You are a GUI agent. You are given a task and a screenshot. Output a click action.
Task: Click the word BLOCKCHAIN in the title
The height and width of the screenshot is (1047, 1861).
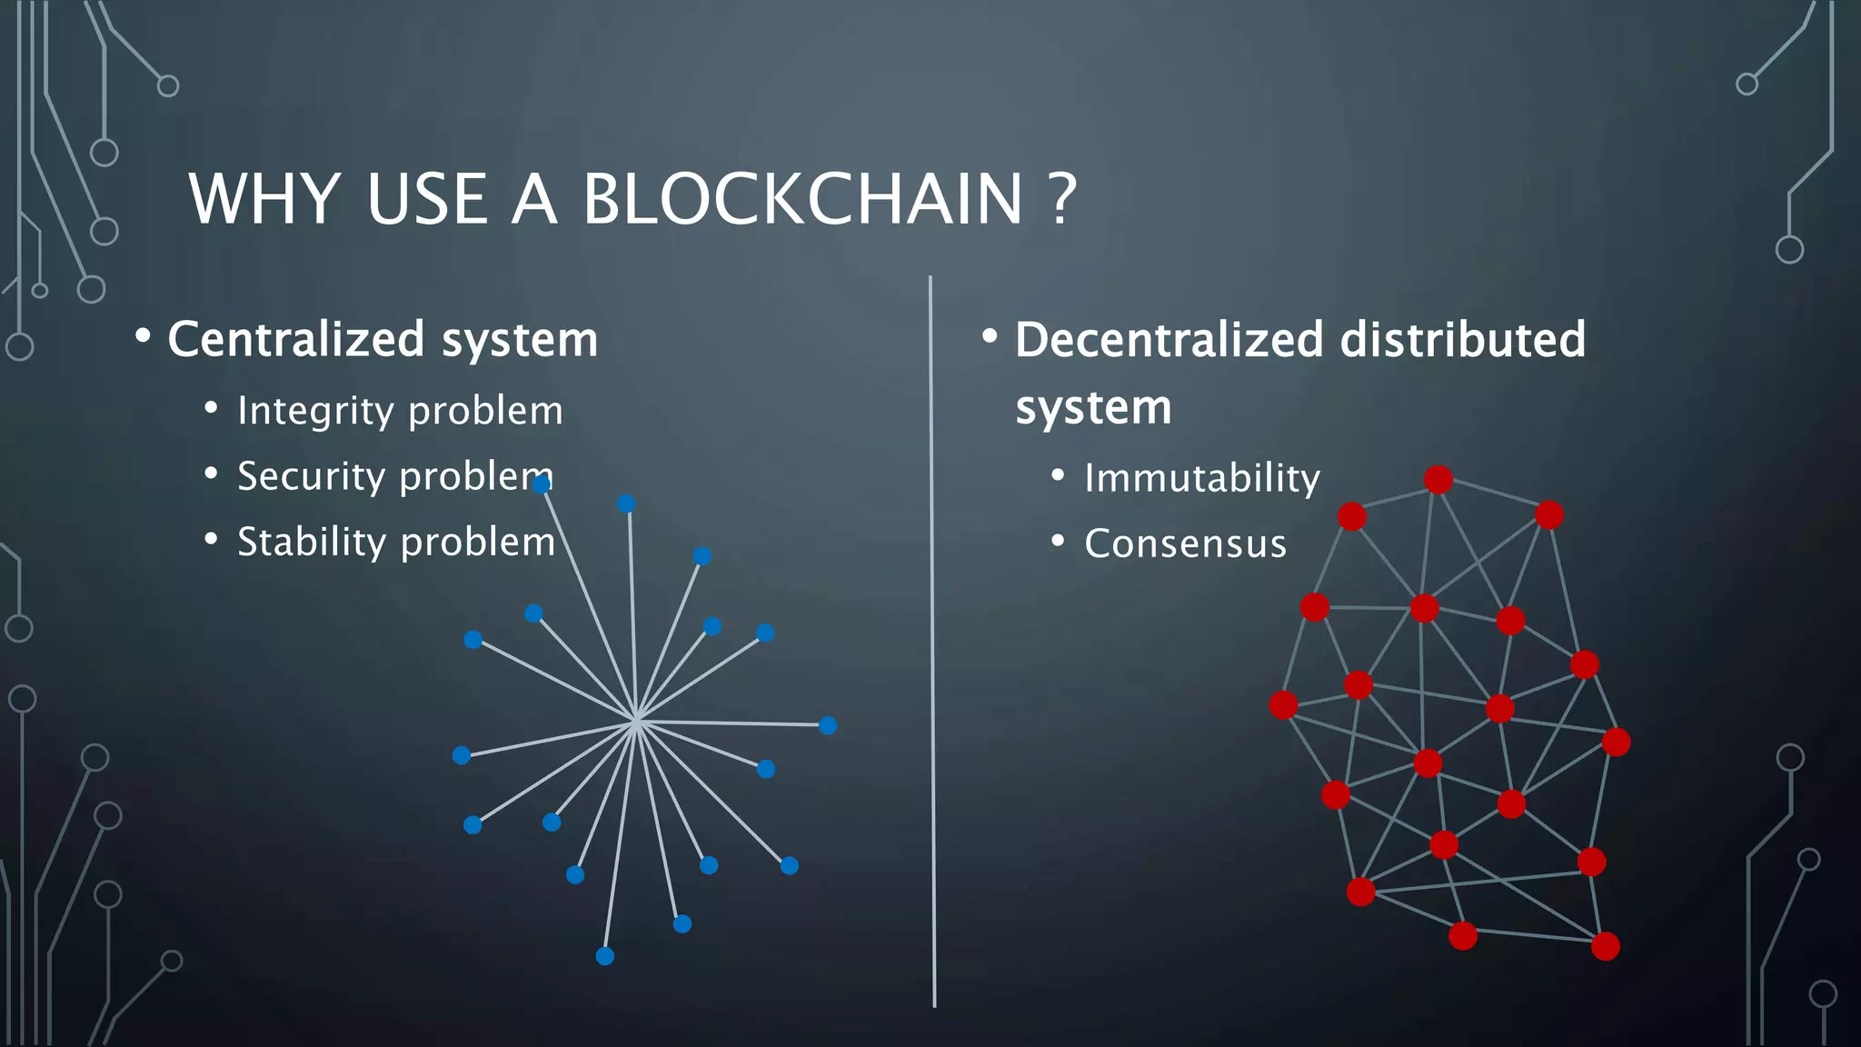802,199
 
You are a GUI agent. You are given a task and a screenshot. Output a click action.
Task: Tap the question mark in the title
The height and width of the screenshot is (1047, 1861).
1062,199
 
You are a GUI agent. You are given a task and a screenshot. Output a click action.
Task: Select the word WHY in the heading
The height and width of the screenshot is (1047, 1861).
264,199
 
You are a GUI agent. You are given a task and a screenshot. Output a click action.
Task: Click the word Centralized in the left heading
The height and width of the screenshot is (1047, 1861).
296,340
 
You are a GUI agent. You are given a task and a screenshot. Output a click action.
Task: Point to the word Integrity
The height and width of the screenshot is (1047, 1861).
315,411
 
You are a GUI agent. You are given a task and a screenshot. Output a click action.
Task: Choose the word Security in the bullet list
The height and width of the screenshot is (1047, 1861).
312,476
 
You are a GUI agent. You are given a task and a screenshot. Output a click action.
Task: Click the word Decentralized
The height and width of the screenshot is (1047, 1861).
1169,340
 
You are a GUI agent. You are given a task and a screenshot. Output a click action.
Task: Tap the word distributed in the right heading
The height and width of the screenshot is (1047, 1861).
1463,340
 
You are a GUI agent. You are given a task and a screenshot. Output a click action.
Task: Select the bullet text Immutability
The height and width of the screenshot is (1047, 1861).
1201,478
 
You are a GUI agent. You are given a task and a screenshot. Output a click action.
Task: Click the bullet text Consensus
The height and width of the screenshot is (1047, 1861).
1185,543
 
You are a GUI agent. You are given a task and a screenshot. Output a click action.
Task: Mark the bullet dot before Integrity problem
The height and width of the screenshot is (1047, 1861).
211,408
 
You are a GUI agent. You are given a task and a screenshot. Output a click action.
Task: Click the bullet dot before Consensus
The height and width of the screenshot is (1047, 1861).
1058,541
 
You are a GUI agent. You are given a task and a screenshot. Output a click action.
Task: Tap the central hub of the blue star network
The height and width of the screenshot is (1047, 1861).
636,720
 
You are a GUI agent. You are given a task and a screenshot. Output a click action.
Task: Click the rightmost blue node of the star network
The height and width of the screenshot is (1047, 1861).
828,725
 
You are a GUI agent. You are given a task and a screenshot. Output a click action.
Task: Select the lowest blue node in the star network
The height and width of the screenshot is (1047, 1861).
605,956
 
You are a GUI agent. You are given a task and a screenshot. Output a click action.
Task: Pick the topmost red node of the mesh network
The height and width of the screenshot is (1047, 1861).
1438,479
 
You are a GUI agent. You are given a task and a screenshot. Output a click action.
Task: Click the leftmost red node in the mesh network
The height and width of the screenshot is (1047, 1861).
1283,704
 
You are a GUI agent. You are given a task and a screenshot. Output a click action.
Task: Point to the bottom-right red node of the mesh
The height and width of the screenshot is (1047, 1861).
1606,946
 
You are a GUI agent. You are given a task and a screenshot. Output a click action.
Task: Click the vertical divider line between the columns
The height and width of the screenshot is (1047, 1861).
932,636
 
